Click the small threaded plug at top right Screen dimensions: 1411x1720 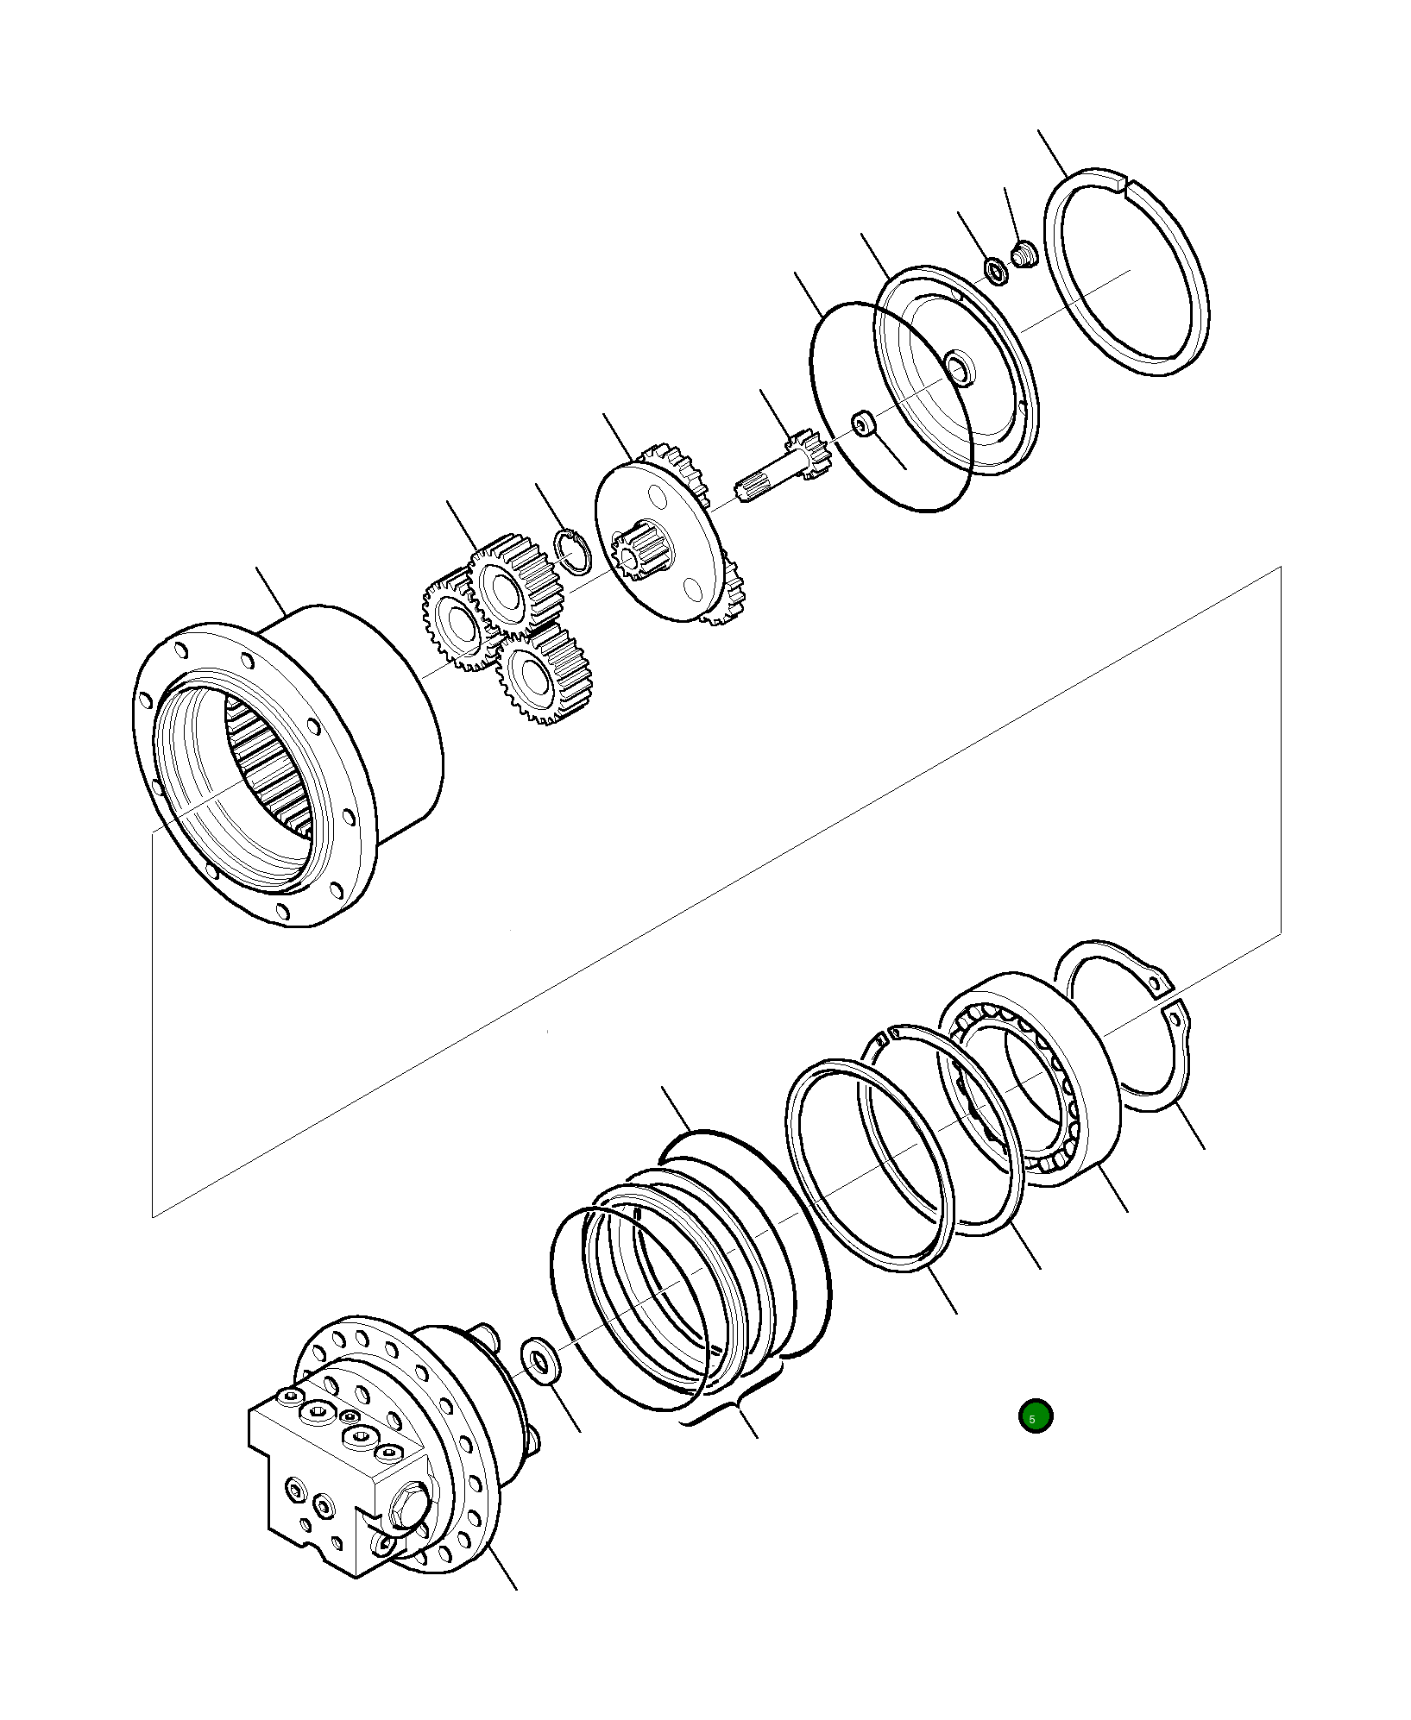[x=1024, y=255]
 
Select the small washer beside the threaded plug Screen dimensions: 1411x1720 [x=996, y=271]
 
